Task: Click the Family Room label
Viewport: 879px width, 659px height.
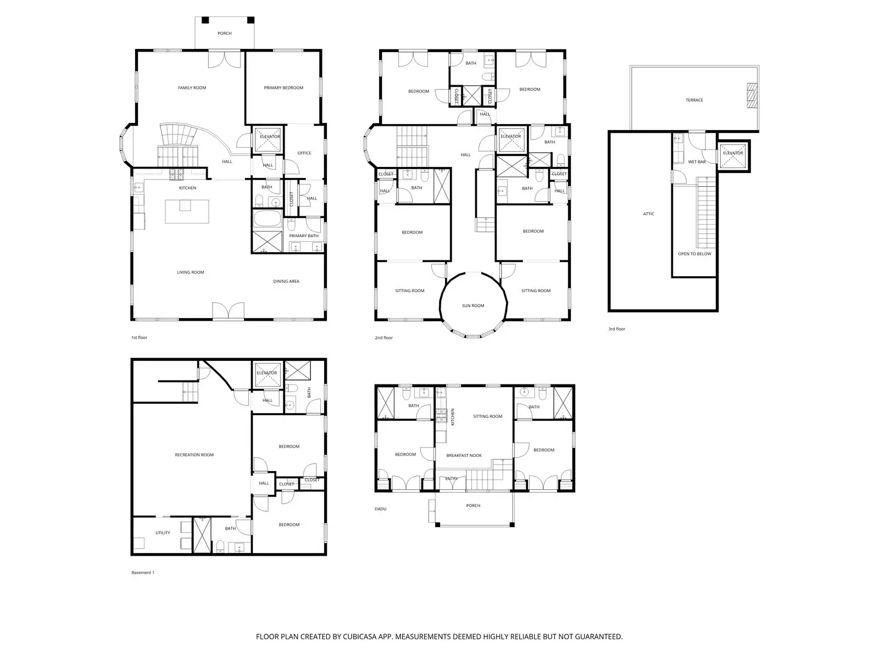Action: click(x=192, y=88)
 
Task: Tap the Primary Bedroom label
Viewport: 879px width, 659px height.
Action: click(x=283, y=88)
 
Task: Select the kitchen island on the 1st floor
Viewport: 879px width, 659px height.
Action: click(x=187, y=211)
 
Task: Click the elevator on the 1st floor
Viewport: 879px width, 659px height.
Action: click(x=268, y=141)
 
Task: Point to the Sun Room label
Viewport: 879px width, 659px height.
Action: click(x=472, y=305)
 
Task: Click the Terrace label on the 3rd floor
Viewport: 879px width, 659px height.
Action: click(x=694, y=100)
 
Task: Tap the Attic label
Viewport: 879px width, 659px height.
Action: click(x=649, y=214)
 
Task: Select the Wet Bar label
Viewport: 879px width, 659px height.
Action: click(x=697, y=162)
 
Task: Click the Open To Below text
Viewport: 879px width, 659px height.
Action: click(x=694, y=254)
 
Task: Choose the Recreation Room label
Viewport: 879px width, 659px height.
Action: click(x=194, y=455)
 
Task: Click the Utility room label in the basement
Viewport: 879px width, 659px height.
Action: click(x=163, y=533)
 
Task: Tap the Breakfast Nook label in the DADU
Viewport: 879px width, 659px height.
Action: click(x=464, y=455)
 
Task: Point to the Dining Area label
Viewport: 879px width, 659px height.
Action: click(x=286, y=281)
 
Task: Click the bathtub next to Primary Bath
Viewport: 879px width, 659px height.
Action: click(x=268, y=220)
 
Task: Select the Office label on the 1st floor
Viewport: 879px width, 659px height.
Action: click(x=304, y=153)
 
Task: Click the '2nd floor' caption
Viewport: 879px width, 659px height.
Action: click(x=383, y=338)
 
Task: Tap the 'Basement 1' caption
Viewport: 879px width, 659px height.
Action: click(x=143, y=572)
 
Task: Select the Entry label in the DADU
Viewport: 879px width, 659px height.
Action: click(x=452, y=479)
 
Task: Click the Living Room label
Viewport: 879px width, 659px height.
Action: click(x=190, y=272)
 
